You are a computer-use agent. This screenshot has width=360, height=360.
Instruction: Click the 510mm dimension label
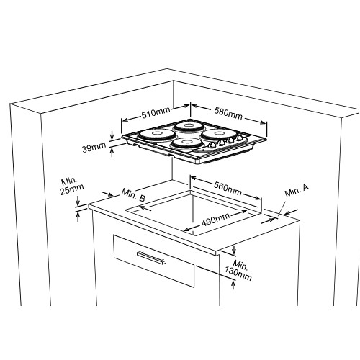coord(156,113)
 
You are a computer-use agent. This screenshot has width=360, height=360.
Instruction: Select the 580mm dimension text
coord(228,114)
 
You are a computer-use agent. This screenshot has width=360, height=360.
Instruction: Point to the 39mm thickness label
coord(94,147)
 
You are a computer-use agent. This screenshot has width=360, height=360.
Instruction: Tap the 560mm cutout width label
coord(228,189)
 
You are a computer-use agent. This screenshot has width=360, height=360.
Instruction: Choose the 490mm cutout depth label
coord(215,220)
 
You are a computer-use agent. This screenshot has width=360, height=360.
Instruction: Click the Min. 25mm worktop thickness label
coord(71,186)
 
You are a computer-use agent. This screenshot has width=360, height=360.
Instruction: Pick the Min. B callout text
coord(133,195)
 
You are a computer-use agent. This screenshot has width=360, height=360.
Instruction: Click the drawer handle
coord(151,258)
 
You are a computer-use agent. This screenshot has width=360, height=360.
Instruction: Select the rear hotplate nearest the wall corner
coord(186,126)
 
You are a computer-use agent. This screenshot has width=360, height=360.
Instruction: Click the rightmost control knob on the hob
coord(239,138)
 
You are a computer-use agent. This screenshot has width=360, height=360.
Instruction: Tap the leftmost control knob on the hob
coord(212,145)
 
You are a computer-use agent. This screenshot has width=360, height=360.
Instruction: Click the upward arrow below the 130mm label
coord(233,285)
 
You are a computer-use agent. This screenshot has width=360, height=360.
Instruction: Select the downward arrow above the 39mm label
coord(112,135)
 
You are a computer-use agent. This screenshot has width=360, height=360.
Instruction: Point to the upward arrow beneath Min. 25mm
coord(78,217)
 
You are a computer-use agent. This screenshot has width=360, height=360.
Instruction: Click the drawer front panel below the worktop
coord(154,261)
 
